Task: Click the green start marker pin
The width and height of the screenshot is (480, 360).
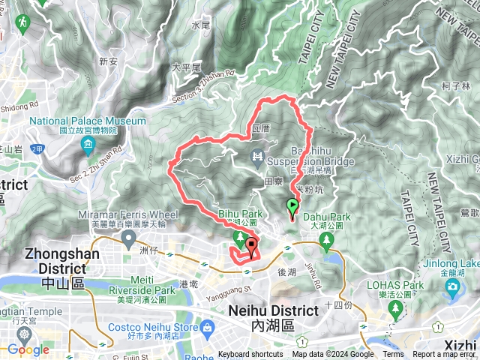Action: tap(292, 205)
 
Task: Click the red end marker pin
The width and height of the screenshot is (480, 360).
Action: tap(250, 244)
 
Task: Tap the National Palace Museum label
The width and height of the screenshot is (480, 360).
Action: tap(88, 121)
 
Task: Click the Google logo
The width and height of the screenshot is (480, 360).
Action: tap(28, 349)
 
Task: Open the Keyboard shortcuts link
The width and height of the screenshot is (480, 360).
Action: tap(251, 355)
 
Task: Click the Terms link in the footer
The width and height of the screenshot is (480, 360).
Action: tap(392, 355)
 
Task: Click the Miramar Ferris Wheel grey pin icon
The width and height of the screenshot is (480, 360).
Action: tap(128, 238)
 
